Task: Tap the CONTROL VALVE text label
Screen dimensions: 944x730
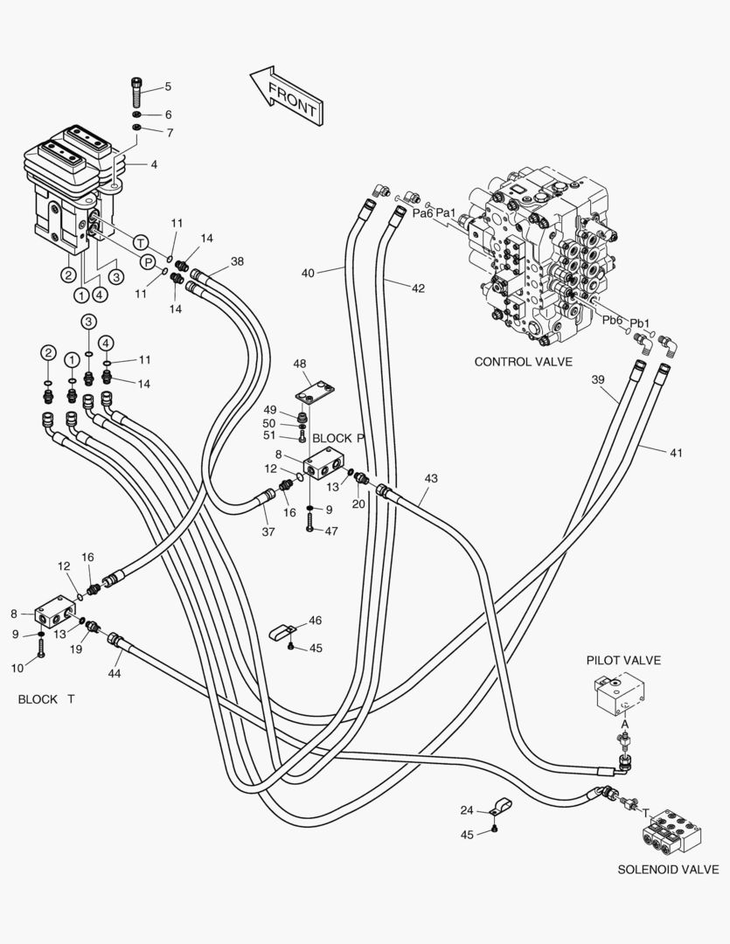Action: click(523, 361)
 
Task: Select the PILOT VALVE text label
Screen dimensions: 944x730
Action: click(623, 660)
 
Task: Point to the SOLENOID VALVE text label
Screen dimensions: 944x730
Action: click(668, 870)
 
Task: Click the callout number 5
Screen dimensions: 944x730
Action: click(168, 87)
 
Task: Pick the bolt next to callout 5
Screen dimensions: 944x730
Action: click(137, 91)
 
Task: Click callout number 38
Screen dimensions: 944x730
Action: click(238, 261)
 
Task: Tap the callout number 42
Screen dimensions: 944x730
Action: click(418, 288)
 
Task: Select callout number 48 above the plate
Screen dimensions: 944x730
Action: click(299, 364)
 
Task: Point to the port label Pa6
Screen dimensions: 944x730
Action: click(423, 213)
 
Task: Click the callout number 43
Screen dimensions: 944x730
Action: click(431, 478)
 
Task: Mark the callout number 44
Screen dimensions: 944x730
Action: click(115, 673)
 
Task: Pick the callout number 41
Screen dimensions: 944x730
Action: click(676, 453)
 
